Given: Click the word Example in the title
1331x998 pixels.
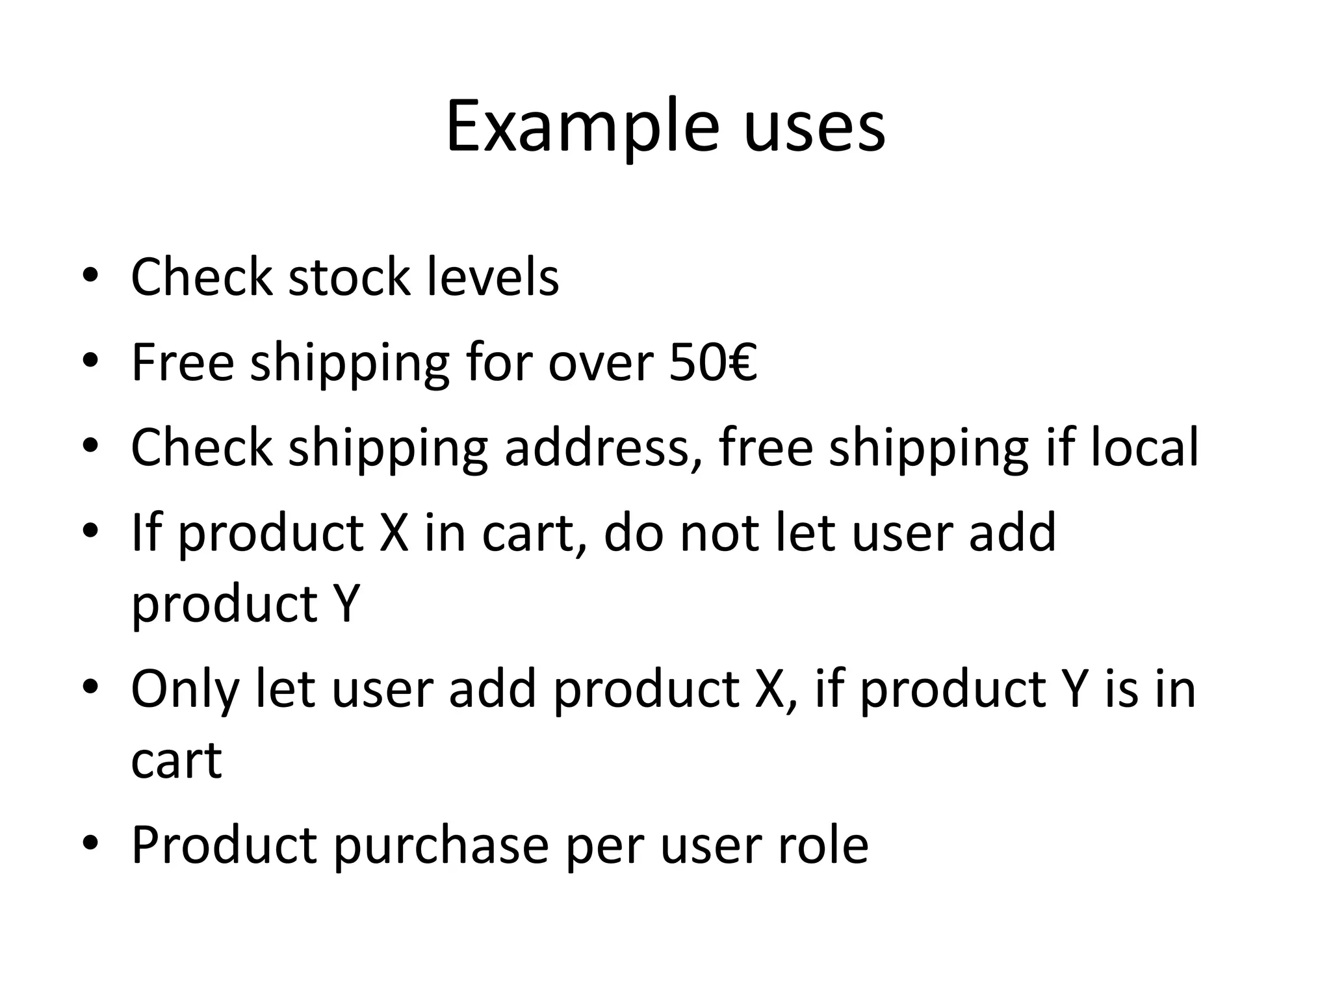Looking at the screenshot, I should pos(582,127).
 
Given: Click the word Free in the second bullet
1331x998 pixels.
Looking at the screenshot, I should pos(183,363).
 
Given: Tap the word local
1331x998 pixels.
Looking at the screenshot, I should pos(1144,448).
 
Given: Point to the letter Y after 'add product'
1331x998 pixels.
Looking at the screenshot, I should pos(345,604).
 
